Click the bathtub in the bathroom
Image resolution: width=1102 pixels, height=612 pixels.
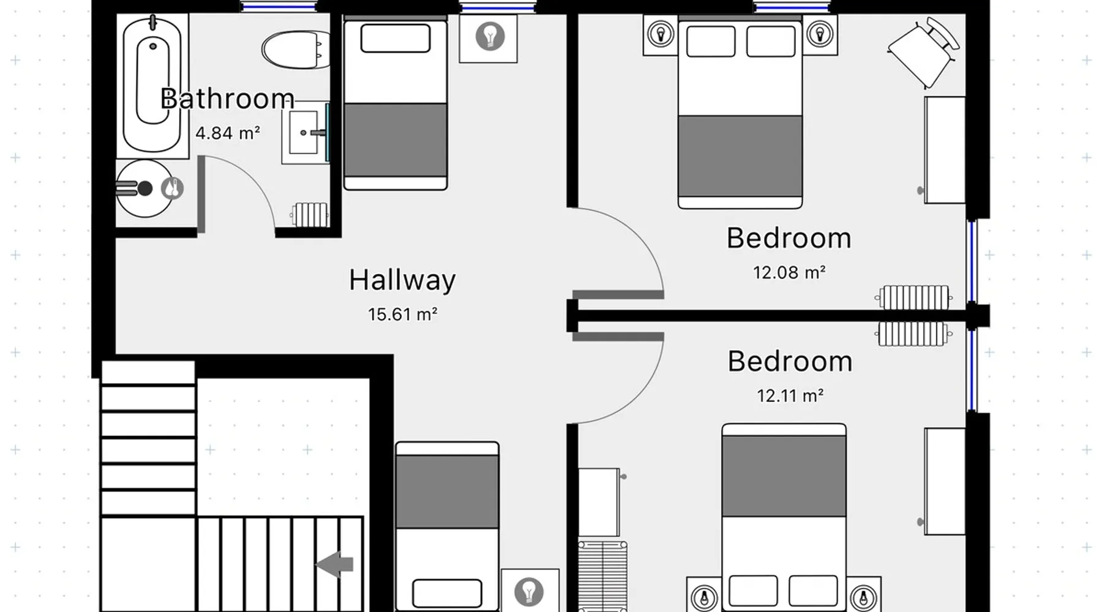pos(152,86)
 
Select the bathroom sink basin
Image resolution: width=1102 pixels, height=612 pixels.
pos(305,132)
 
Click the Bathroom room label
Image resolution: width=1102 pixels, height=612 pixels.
pos(227,99)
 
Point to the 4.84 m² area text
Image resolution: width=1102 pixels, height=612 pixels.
pos(228,133)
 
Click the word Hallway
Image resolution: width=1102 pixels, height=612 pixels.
pos(402,280)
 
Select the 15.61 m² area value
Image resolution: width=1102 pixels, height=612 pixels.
pos(402,315)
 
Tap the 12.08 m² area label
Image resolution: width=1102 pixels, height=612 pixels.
pos(789,272)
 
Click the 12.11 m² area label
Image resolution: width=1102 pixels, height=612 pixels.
pos(790,396)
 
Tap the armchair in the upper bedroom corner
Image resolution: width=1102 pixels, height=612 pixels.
pos(923,53)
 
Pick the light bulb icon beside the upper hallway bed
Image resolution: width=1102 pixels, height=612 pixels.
pos(490,36)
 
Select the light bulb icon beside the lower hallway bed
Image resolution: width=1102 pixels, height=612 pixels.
pos(529,591)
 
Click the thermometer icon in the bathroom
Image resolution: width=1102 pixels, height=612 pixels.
pos(173,188)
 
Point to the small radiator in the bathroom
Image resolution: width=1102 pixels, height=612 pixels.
pos(310,214)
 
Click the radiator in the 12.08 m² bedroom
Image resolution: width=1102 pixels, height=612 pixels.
pos(913,298)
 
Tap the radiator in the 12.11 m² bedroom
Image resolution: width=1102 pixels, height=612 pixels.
pos(913,334)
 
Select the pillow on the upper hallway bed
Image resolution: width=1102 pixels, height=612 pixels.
pos(395,39)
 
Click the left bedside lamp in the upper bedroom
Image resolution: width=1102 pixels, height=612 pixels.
pos(661,34)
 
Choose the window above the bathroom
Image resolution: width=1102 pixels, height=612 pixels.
pos(278,6)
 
